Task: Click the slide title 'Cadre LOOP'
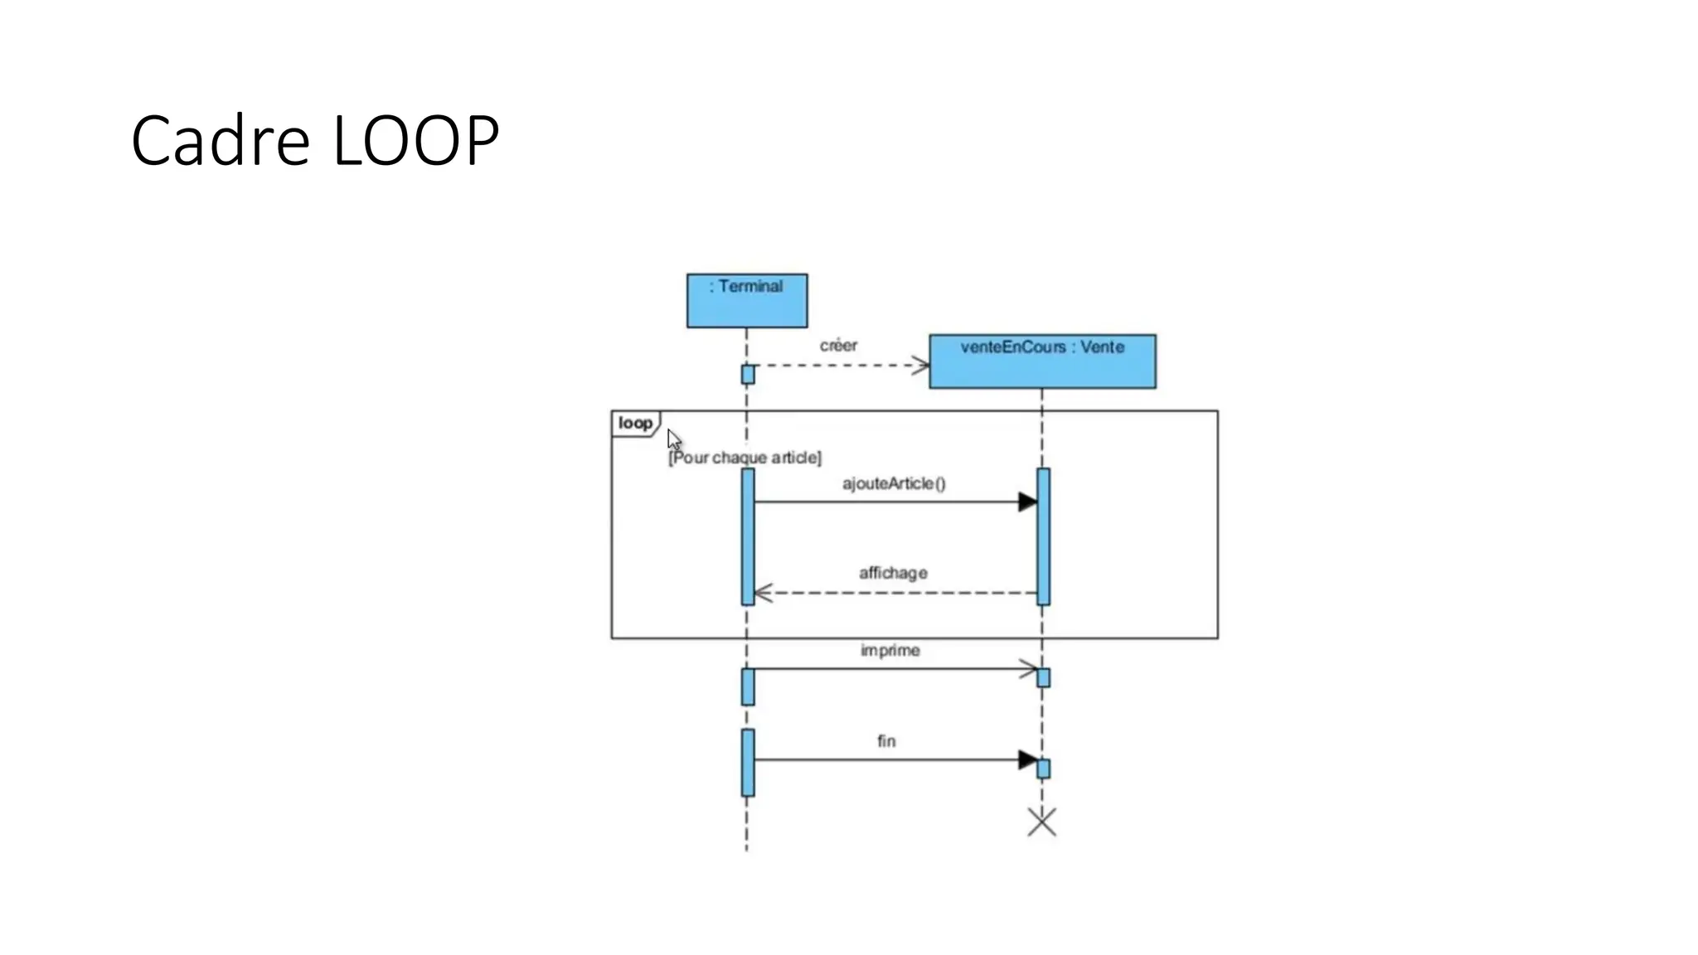[x=315, y=140]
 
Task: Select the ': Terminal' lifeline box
[x=746, y=300]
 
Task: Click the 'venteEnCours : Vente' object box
[x=1042, y=361]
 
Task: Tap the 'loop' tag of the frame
[x=635, y=424]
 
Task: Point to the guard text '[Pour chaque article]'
[x=745, y=458]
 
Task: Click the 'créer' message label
[x=838, y=346]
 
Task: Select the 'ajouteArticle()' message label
[x=894, y=483]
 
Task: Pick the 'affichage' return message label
[x=893, y=573]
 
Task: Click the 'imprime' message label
[x=890, y=651]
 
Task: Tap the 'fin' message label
[x=886, y=741]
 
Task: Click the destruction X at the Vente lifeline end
[x=1041, y=822]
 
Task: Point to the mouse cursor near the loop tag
[x=673, y=439]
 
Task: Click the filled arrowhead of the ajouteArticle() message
[x=1027, y=502]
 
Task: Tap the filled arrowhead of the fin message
[x=1027, y=759]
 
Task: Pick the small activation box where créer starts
[x=748, y=375]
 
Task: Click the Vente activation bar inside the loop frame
[x=1043, y=536]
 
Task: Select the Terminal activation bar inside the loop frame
[x=748, y=536]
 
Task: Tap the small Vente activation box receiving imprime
[x=1043, y=678]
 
